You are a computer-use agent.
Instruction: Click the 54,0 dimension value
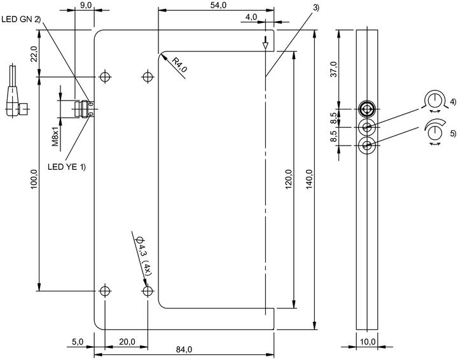pyautogui.click(x=218, y=5)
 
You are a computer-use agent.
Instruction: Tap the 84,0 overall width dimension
pyautogui.click(x=184, y=349)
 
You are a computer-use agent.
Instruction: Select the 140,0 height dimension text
pyautogui.click(x=309, y=179)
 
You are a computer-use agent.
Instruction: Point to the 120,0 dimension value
pyautogui.click(x=289, y=179)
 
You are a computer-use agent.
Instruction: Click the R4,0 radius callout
pyautogui.click(x=179, y=65)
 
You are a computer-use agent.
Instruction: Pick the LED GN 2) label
pyautogui.click(x=21, y=20)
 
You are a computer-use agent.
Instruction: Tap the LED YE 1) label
pyautogui.click(x=67, y=167)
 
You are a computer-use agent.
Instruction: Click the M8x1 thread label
pyautogui.click(x=55, y=135)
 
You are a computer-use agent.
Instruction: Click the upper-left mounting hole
pyautogui.click(x=105, y=77)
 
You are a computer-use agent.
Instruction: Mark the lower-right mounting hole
pyautogui.click(x=148, y=291)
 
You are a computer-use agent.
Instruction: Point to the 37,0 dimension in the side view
pyautogui.click(x=333, y=69)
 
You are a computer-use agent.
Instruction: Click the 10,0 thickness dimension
pyautogui.click(x=367, y=342)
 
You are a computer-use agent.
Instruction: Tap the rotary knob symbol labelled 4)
pyautogui.click(x=434, y=101)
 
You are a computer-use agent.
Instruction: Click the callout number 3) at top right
pyautogui.click(x=316, y=8)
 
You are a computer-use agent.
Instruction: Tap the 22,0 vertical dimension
pyautogui.click(x=34, y=53)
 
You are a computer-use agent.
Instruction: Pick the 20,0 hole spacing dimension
pyautogui.click(x=127, y=342)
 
